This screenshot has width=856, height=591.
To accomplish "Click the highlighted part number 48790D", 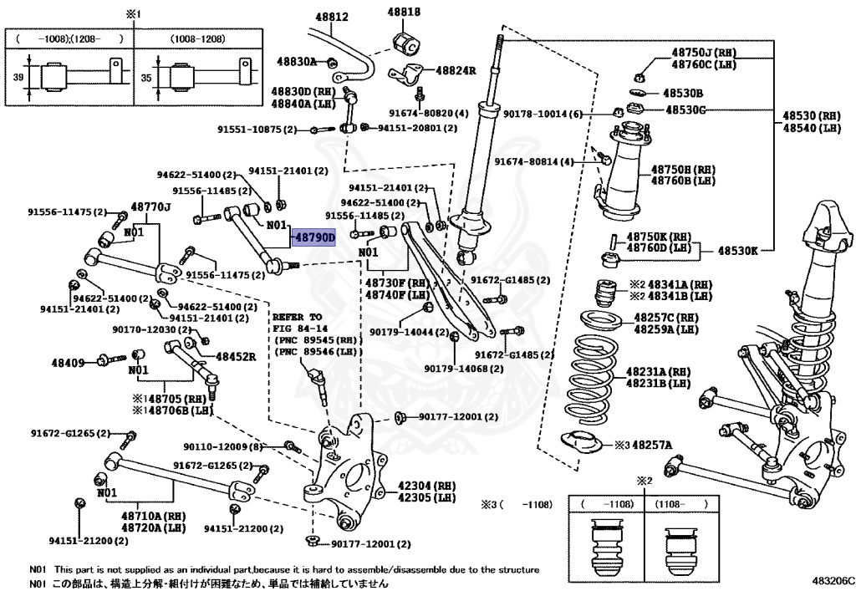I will [x=313, y=237].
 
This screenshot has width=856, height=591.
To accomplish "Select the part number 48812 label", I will [x=333, y=17].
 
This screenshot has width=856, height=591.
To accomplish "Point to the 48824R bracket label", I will [x=456, y=71].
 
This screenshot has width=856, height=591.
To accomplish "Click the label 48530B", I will [x=683, y=93].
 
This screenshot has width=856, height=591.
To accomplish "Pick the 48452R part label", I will [x=236, y=356].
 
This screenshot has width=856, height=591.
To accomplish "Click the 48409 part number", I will [x=68, y=362].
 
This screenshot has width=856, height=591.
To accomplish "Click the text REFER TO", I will [x=296, y=317].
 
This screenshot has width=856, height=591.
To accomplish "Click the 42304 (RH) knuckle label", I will [x=426, y=485].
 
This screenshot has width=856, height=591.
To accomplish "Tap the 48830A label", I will [x=298, y=61].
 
